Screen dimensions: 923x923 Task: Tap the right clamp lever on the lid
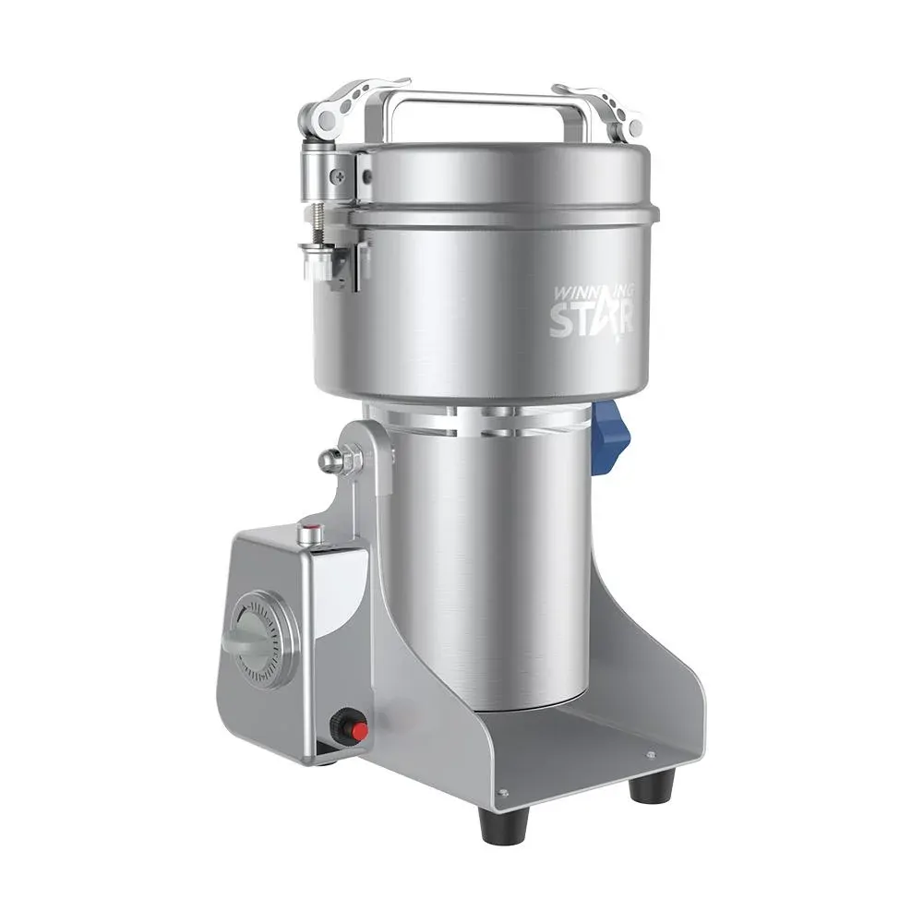tap(600, 109)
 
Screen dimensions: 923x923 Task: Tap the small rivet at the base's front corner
tap(503, 792)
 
